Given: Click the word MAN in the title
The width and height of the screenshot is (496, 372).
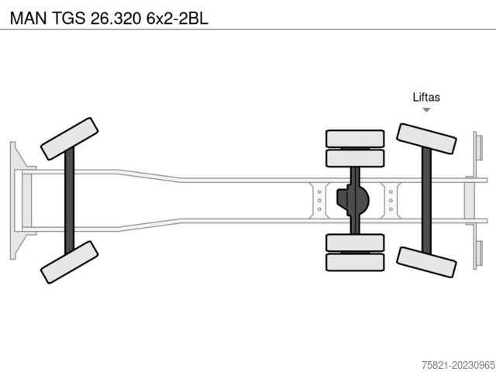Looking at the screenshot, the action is pyautogui.click(x=28, y=19).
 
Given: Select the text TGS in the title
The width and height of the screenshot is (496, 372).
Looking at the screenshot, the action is pyautogui.click(x=68, y=19).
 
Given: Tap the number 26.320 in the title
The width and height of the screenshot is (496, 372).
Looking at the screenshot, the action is pyautogui.click(x=115, y=19).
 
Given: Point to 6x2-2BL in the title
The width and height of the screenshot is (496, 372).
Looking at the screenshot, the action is pyautogui.click(x=177, y=19).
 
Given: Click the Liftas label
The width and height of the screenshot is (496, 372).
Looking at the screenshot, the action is pyautogui.click(x=426, y=97).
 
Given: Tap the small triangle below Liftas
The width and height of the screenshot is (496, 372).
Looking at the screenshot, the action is pyautogui.click(x=426, y=110).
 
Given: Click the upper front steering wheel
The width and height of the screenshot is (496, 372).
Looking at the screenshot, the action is pyautogui.click(x=69, y=139).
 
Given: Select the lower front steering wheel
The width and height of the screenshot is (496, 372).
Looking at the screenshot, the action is pyautogui.click(x=69, y=262).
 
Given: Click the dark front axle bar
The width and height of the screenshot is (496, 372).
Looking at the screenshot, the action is pyautogui.click(x=69, y=201).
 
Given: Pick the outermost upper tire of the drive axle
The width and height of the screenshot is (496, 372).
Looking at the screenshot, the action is pyautogui.click(x=355, y=139).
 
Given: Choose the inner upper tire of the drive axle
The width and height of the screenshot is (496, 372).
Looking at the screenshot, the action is pyautogui.click(x=355, y=158).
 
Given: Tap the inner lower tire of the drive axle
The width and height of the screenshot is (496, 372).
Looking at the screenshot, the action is pyautogui.click(x=355, y=243).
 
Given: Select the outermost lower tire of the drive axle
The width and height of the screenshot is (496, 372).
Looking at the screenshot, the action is pyautogui.click(x=355, y=262).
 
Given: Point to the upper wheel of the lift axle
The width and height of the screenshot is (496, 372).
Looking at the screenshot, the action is pyautogui.click(x=426, y=139).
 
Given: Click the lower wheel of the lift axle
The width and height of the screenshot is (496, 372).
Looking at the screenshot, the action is pyautogui.click(x=426, y=262).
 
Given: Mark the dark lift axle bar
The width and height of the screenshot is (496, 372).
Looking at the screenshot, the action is pyautogui.click(x=426, y=201).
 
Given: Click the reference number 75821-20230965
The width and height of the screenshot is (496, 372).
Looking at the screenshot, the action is pyautogui.click(x=458, y=365).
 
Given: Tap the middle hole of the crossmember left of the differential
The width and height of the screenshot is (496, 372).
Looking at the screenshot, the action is pyautogui.click(x=319, y=201).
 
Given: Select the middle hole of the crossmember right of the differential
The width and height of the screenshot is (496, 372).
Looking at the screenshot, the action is pyautogui.click(x=391, y=201).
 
